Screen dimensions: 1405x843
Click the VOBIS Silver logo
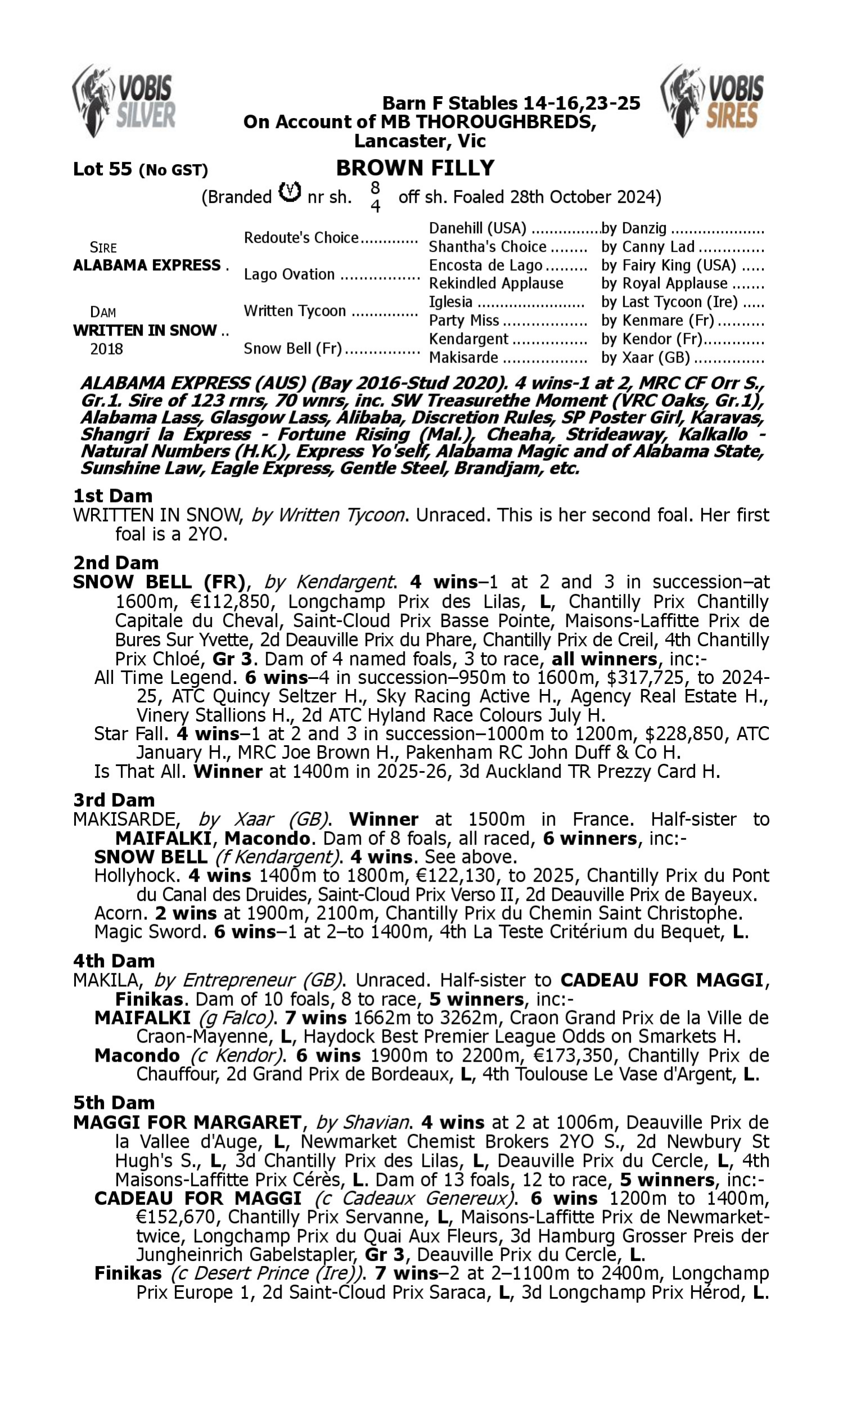pyautogui.click(x=124, y=101)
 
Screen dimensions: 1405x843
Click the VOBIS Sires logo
pyautogui.click(x=712, y=101)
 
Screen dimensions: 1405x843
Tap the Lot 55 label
pyautogui.click(x=102, y=169)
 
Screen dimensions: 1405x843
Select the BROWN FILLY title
pyautogui.click(x=415, y=168)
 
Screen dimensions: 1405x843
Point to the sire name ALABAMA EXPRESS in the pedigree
pyautogui.click(x=147, y=265)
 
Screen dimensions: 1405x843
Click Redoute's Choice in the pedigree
pyautogui.click(x=301, y=237)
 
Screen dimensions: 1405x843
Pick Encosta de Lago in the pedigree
pyautogui.click(x=485, y=265)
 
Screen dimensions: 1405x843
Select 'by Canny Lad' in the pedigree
pyautogui.click(x=647, y=247)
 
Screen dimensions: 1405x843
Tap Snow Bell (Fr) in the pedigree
pyautogui.click(x=293, y=348)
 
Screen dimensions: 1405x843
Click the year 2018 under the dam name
pyautogui.click(x=106, y=348)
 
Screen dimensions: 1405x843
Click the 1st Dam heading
pyautogui.click(x=112, y=496)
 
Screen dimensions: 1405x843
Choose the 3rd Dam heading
pyautogui.click(x=114, y=800)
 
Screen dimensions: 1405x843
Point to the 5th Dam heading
pyautogui.click(x=114, y=1102)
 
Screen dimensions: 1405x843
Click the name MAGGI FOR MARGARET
pyautogui.click(x=188, y=1122)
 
